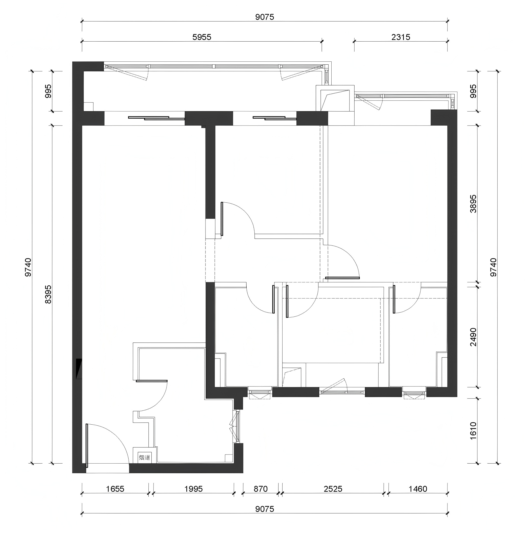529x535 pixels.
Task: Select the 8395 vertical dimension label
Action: pyautogui.click(x=48, y=294)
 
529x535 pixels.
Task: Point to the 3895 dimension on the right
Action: pyautogui.click(x=473, y=204)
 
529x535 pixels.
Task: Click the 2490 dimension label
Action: pyautogui.click(x=473, y=337)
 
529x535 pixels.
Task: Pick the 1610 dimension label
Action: pyautogui.click(x=473, y=430)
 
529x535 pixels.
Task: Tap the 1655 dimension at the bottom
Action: pyautogui.click(x=115, y=489)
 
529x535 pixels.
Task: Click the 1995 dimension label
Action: pyautogui.click(x=193, y=489)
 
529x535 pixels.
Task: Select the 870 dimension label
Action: pyautogui.click(x=261, y=489)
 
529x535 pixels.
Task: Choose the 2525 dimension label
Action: pyautogui.click(x=333, y=489)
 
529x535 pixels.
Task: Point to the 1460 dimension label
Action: pyautogui.click(x=418, y=489)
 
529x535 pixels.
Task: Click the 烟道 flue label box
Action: pyautogui.click(x=144, y=457)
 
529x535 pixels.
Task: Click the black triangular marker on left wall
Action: pyautogui.click(x=79, y=368)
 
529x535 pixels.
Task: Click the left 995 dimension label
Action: pyautogui.click(x=48, y=91)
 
